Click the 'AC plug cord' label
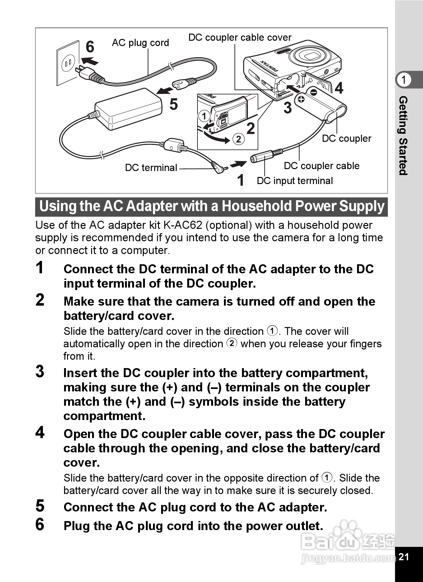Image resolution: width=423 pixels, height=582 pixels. [x=140, y=43]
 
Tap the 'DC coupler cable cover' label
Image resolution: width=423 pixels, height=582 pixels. [x=240, y=38]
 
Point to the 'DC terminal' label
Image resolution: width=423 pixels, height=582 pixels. [x=151, y=168]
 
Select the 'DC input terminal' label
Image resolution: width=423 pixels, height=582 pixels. [x=295, y=181]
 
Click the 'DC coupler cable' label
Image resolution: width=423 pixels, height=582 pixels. [x=322, y=166]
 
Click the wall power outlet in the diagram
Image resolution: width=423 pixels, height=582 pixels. [x=68, y=63]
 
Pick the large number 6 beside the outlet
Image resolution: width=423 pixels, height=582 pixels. [x=90, y=47]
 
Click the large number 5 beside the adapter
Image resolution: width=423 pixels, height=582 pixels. [x=174, y=104]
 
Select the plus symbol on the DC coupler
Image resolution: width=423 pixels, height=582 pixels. [x=301, y=99]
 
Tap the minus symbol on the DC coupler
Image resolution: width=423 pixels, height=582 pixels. [x=314, y=92]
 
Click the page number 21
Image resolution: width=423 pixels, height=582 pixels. [x=403, y=557]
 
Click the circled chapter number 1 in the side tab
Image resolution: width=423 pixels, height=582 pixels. [x=404, y=80]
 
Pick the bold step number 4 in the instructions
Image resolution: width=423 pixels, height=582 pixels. [x=40, y=432]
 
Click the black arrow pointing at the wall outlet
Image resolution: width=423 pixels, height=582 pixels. [x=90, y=60]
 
